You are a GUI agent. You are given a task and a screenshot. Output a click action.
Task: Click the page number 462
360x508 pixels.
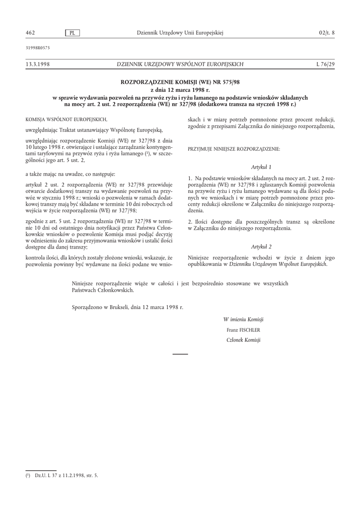[30, 33]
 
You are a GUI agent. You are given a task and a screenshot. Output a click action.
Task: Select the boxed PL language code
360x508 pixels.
[72, 33]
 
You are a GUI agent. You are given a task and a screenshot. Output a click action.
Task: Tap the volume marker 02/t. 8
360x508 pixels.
[327, 33]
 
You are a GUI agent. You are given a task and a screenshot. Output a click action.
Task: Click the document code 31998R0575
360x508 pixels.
[37, 48]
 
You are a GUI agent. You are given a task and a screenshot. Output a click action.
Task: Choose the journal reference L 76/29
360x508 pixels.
[325, 64]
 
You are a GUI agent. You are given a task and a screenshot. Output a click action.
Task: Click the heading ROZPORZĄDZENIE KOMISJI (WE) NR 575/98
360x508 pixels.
[180, 81]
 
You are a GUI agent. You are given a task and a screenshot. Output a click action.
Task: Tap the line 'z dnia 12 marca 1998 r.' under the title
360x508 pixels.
[180, 90]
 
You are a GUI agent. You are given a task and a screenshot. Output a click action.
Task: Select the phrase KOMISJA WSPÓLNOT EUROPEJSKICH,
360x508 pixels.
[66, 120]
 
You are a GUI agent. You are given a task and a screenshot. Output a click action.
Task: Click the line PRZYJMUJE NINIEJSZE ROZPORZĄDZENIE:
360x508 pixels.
[234, 149]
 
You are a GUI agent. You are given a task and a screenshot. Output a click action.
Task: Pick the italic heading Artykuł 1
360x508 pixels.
[261, 167]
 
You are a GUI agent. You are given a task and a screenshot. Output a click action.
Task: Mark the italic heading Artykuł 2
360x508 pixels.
[261, 247]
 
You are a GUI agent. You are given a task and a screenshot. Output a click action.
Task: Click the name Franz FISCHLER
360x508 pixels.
[243, 329]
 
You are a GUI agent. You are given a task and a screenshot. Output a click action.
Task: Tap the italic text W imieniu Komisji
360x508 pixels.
[243, 319]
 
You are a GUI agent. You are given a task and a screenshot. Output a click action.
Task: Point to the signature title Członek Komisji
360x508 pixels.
[243, 340]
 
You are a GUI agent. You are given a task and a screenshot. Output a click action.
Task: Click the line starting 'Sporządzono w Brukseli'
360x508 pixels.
[128, 307]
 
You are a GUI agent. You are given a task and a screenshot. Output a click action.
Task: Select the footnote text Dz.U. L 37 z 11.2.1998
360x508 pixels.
[66, 475]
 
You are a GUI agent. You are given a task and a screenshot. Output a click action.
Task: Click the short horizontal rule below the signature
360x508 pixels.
[180, 354]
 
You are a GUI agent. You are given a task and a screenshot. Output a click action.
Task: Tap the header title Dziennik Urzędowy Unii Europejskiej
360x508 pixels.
[180, 33]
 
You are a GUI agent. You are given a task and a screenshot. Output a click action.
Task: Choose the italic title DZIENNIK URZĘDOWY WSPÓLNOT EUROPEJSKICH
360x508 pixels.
[180, 64]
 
